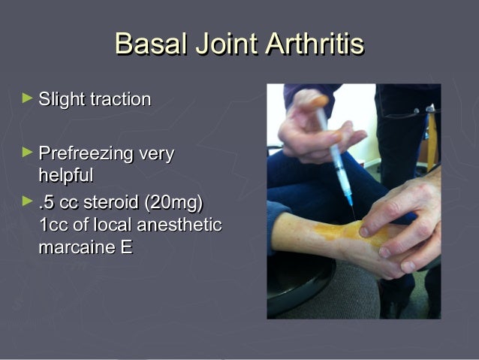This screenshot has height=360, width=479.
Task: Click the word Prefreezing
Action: tap(89, 156)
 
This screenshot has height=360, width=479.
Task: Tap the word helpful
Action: tap(66, 176)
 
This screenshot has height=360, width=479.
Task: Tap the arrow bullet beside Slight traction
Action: tap(28, 98)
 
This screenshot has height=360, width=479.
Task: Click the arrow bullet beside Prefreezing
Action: tap(28, 153)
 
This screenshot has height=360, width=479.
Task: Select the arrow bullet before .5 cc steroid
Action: tap(28, 201)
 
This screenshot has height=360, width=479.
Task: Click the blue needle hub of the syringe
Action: tap(348, 198)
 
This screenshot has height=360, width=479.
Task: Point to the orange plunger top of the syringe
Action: tap(320, 101)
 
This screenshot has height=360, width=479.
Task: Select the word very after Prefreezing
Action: tap(156, 156)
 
